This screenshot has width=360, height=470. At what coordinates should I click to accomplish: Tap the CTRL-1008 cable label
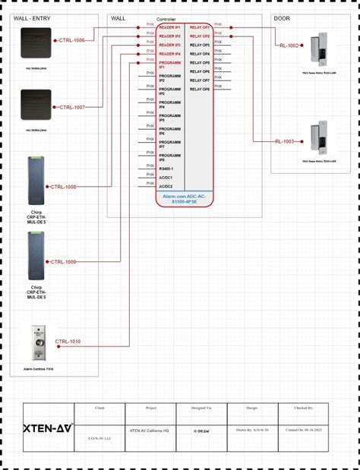click(63, 186)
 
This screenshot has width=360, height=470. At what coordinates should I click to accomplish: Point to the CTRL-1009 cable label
click(63, 262)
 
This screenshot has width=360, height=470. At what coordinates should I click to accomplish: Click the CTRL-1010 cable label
click(68, 342)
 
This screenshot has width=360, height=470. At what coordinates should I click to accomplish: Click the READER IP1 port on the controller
click(169, 27)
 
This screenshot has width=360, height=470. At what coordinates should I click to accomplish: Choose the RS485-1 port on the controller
click(166, 169)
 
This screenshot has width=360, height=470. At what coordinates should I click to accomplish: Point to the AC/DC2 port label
click(166, 186)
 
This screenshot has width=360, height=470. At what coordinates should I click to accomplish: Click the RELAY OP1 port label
click(200, 27)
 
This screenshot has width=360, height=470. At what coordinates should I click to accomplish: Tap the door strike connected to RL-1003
click(319, 140)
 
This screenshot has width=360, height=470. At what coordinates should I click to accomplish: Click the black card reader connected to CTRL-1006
click(36, 43)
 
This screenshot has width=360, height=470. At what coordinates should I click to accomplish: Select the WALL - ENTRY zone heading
click(32, 17)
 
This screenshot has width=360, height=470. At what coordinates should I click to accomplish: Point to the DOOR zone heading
click(282, 17)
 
